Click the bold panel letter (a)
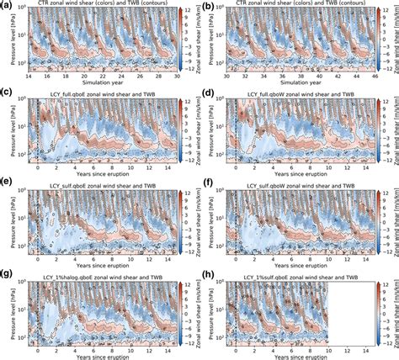pos(7,5)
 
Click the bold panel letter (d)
pos(205,94)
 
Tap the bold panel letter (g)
pos(7,274)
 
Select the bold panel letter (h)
pos(205,274)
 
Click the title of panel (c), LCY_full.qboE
pos(96,95)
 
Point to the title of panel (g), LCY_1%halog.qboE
pos(96,276)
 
